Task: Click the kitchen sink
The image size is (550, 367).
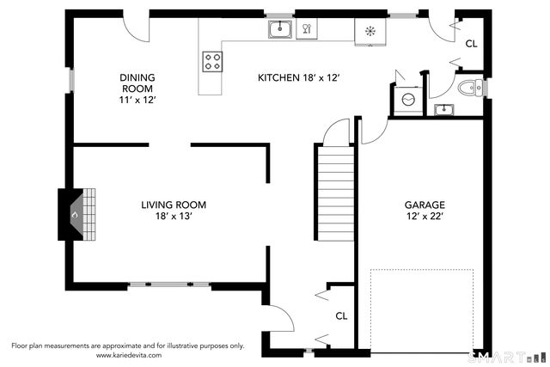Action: point(280,29)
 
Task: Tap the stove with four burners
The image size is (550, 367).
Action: point(212,62)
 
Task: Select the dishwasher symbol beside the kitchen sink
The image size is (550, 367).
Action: point(307,28)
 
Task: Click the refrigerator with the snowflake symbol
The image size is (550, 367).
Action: point(370,32)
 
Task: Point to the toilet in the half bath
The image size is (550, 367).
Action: point(470,88)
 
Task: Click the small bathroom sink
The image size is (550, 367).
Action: point(443,110)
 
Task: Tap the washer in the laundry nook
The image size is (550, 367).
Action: point(408,100)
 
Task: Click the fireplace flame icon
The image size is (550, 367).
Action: point(75,215)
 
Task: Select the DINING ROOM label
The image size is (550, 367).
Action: point(137,83)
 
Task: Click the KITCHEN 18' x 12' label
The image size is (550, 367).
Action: point(298,77)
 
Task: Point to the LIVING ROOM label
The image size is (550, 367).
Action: point(174,205)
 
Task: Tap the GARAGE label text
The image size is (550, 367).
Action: point(425,205)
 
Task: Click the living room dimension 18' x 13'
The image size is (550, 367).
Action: point(174,216)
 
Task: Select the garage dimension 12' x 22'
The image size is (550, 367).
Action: point(425,216)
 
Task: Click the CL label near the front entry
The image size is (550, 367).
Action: point(341,316)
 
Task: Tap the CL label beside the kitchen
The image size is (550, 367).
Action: point(472,44)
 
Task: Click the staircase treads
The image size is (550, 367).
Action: point(336,193)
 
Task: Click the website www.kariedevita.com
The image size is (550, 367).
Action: point(129,355)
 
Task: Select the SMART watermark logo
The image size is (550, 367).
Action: point(506,358)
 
